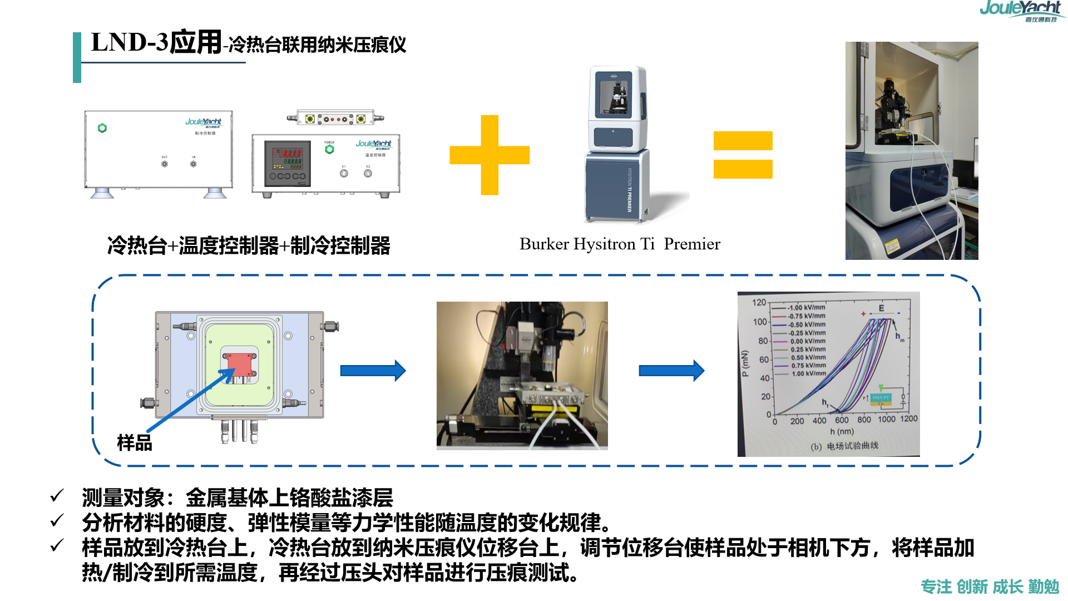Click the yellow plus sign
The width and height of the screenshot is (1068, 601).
[x=489, y=155]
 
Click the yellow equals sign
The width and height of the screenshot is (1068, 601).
[x=743, y=155]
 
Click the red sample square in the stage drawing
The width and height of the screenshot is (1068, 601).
[x=239, y=364]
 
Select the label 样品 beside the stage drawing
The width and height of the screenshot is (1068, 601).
[x=135, y=443]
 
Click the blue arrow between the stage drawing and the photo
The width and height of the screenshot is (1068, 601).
[x=373, y=371]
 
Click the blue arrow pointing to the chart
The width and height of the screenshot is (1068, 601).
[x=671, y=371]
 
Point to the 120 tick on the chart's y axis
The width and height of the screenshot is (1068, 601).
[x=759, y=302]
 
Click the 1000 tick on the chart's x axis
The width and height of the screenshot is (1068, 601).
[x=887, y=420]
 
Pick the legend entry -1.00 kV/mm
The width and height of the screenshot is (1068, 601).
[x=806, y=307]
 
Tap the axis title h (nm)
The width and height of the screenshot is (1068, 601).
[x=842, y=431]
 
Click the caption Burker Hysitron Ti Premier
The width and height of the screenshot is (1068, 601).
[x=620, y=244]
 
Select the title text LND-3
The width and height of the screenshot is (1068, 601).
[x=129, y=42]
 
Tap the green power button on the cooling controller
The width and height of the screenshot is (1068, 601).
[x=102, y=128]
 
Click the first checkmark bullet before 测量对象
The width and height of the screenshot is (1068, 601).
[x=57, y=495]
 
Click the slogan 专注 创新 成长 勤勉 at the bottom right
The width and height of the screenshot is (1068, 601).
[x=990, y=587]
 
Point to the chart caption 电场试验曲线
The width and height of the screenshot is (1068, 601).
[x=852, y=446]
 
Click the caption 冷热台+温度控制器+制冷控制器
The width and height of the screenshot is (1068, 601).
[x=249, y=245]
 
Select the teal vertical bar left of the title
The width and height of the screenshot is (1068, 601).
[x=77, y=57]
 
